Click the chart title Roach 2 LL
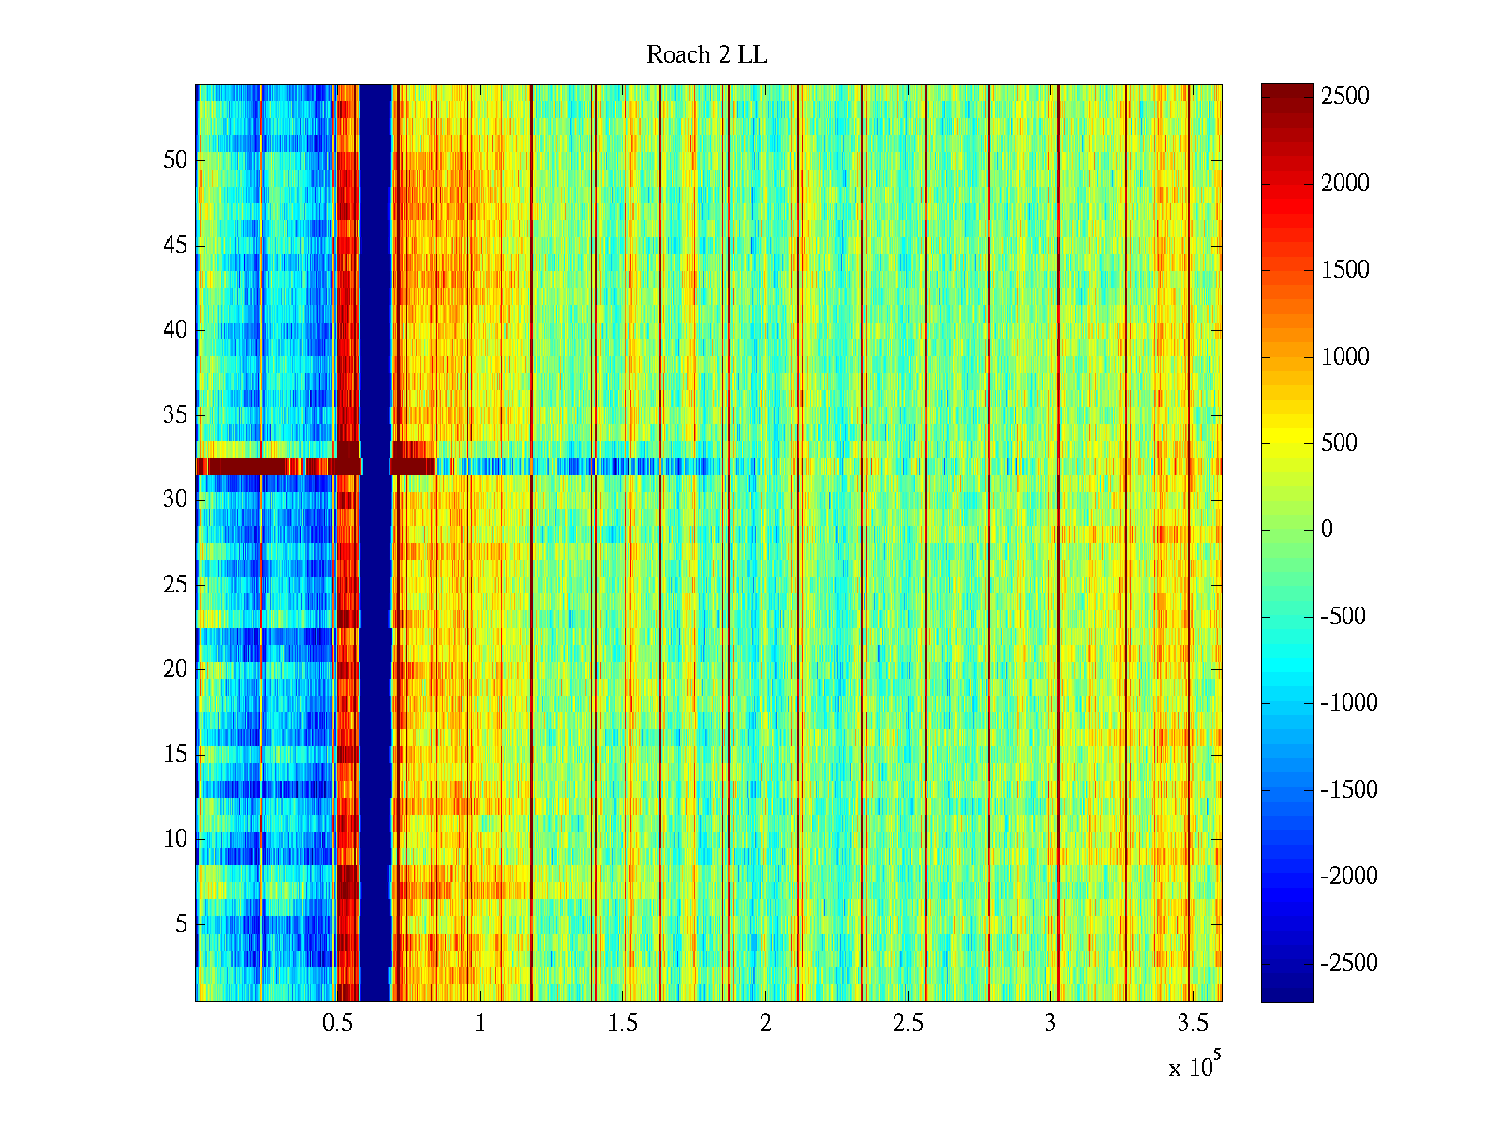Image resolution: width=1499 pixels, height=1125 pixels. (706, 55)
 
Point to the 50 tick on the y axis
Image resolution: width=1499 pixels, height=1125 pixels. (175, 160)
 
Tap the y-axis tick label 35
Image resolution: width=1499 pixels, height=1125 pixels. (175, 415)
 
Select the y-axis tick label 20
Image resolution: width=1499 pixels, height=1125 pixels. (175, 669)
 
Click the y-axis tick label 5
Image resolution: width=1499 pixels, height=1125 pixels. (181, 924)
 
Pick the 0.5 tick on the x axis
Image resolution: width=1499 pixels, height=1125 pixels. (337, 1024)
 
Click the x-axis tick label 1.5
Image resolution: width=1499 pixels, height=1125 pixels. (622, 1024)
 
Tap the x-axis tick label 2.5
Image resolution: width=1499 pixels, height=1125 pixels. (908, 1024)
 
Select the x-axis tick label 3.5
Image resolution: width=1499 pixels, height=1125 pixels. (1193, 1024)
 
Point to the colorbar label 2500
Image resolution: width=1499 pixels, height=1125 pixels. (1345, 97)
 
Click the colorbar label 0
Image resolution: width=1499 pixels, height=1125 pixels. (1327, 530)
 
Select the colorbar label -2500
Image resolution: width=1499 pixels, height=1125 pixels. (1349, 964)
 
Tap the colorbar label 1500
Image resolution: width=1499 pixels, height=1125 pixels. (1345, 270)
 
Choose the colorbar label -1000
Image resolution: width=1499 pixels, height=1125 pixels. (1349, 703)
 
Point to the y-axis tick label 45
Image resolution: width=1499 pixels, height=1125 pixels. (175, 246)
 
